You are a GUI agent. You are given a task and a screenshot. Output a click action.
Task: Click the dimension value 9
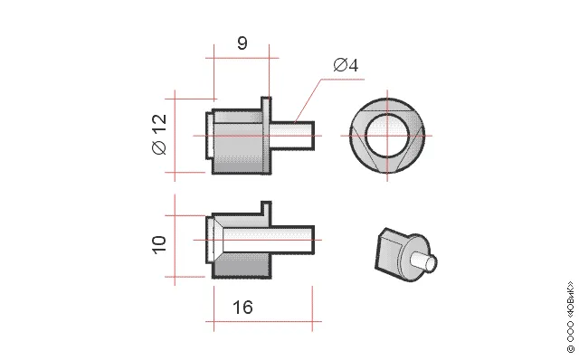[242, 43]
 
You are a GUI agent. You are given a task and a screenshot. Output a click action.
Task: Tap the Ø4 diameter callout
[346, 65]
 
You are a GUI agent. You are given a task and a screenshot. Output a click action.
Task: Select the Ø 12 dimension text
[159, 134]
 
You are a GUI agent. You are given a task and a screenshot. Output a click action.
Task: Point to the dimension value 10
[159, 244]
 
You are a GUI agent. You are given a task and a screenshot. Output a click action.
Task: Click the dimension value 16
[242, 308]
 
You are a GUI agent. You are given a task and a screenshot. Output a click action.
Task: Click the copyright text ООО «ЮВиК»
[570, 317]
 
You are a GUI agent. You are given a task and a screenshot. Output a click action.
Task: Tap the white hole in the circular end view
[387, 136]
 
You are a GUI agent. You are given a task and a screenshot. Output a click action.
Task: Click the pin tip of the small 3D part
[431, 263]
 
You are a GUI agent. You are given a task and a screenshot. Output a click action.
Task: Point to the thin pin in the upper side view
[291, 136]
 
